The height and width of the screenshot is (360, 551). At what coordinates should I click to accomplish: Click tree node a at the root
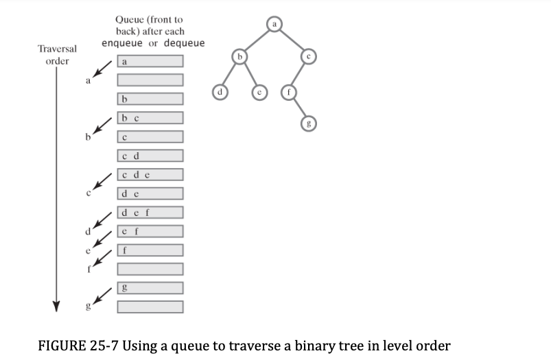coord(274,26)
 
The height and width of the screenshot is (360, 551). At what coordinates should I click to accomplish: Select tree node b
coord(239,56)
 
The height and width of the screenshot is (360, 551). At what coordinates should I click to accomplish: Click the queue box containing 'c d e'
coord(150,175)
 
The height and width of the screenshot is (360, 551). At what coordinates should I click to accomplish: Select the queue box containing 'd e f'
coord(150,213)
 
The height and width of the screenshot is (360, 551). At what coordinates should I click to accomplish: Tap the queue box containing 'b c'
coord(150,118)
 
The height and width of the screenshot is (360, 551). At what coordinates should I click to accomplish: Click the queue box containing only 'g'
coord(150,287)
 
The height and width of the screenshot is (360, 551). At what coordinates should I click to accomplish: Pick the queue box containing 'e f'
coord(150,231)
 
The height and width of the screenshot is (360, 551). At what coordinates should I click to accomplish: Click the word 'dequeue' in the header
coord(182,43)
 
